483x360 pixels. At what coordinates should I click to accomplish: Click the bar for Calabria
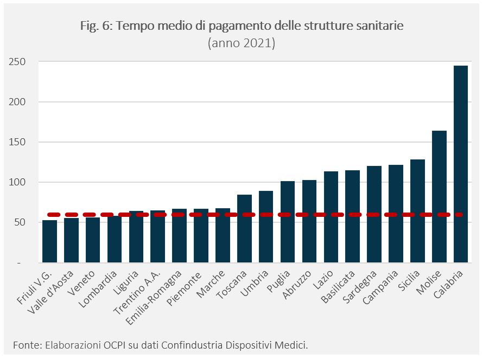pyautogui.click(x=460, y=164)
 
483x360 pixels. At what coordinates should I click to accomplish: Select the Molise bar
pyautogui.click(x=439, y=196)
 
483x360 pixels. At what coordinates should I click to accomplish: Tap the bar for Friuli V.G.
pyautogui.click(x=49, y=241)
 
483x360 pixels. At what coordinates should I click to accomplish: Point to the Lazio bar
pyautogui.click(x=331, y=217)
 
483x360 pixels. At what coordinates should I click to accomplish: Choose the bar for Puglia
pyautogui.click(x=288, y=222)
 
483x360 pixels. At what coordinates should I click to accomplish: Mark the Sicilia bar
pyautogui.click(x=417, y=211)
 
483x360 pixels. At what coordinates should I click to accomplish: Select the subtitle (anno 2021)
pyautogui.click(x=241, y=43)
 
